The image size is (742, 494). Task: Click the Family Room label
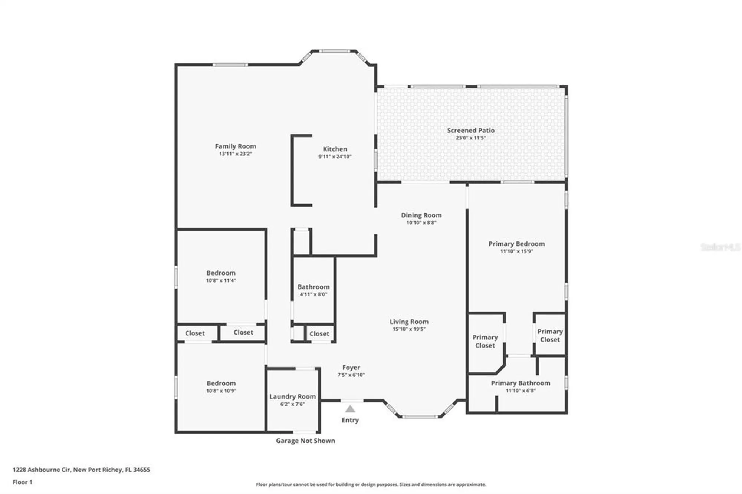pyautogui.click(x=235, y=146)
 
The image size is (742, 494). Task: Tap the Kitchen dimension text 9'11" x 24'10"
pyautogui.click(x=335, y=157)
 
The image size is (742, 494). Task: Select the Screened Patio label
pyautogui.click(x=470, y=130)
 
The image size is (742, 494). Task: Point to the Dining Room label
pyautogui.click(x=421, y=215)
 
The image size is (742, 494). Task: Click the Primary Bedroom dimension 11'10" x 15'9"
pyautogui.click(x=516, y=251)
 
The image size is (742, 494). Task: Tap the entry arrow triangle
pyautogui.click(x=350, y=409)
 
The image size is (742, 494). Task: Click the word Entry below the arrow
pyautogui.click(x=350, y=420)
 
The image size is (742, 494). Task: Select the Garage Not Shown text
pyautogui.click(x=305, y=441)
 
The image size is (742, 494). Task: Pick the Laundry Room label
pyautogui.click(x=292, y=396)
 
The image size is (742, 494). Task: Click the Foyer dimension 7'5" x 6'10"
pyautogui.click(x=351, y=375)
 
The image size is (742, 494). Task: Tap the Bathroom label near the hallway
pyautogui.click(x=313, y=287)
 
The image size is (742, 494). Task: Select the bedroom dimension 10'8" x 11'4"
pyautogui.click(x=221, y=280)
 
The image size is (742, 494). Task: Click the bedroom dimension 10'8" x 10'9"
pyautogui.click(x=221, y=391)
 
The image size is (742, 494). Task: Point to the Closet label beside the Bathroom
pyautogui.click(x=319, y=334)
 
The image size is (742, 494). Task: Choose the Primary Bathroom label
pyautogui.click(x=520, y=383)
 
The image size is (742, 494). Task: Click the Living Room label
pyautogui.click(x=409, y=322)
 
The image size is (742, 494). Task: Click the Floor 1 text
pyautogui.click(x=22, y=482)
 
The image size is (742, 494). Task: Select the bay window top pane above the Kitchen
pyautogui.click(x=335, y=51)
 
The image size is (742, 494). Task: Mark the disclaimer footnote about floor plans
pyautogui.click(x=371, y=484)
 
